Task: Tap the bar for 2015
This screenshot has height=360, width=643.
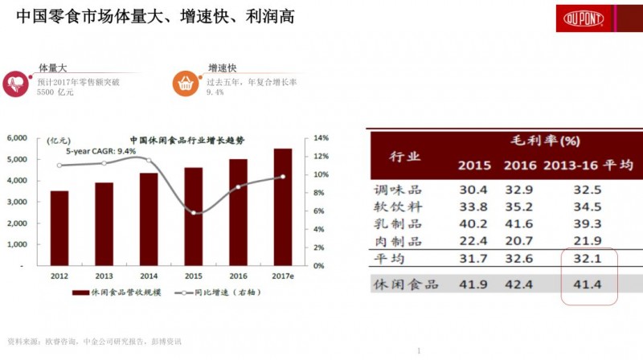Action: point(194,216)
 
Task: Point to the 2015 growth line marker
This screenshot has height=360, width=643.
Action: point(194,213)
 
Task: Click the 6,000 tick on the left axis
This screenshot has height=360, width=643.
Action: point(18,138)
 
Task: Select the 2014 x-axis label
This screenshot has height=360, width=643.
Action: point(149,274)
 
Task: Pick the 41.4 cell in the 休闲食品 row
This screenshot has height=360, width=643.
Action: point(588,284)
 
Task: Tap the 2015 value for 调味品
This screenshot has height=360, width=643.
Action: point(474,190)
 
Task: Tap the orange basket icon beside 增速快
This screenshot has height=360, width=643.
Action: point(184,81)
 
